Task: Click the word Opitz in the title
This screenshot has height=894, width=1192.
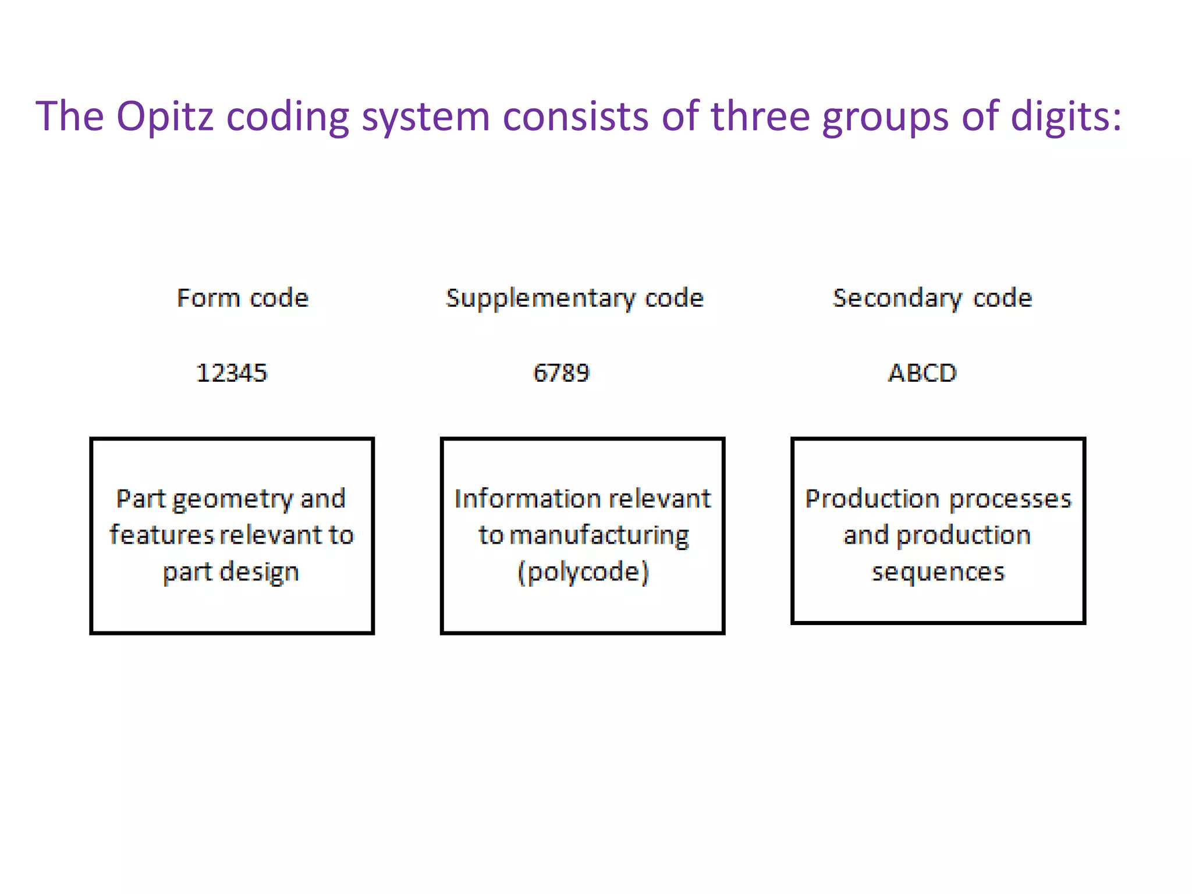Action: [x=165, y=116]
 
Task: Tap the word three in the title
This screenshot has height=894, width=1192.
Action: [x=760, y=116]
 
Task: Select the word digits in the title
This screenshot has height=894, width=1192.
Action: [x=1065, y=116]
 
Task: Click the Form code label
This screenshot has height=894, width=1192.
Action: [x=242, y=298]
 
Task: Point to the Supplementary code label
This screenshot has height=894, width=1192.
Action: [x=574, y=298]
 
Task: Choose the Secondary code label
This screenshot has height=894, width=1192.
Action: [x=932, y=298]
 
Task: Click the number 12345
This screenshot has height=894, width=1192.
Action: [x=232, y=373]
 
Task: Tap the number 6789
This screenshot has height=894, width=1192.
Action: [x=561, y=373]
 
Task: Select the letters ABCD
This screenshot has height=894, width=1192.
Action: [x=922, y=373]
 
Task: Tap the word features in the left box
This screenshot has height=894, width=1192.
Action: [x=161, y=535]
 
